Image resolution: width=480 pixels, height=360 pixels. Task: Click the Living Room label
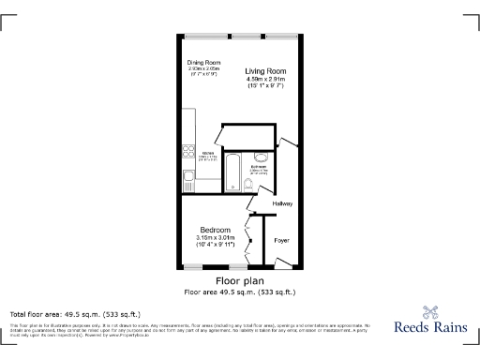point(265,71)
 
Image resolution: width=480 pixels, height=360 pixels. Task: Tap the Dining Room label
point(203,62)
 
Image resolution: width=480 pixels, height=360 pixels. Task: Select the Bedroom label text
point(216,230)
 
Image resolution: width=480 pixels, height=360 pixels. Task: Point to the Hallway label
point(282,203)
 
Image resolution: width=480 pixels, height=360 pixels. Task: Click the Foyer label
point(281,241)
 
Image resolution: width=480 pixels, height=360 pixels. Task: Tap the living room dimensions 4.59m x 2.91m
point(265,80)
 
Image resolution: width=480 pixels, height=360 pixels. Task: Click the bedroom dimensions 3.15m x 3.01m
point(216,238)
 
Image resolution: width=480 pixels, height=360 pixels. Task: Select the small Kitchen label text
point(207,152)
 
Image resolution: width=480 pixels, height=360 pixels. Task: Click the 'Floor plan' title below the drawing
point(239,280)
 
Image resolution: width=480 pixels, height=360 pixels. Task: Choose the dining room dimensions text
point(203,69)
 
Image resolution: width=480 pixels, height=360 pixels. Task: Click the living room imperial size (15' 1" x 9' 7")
point(265,87)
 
